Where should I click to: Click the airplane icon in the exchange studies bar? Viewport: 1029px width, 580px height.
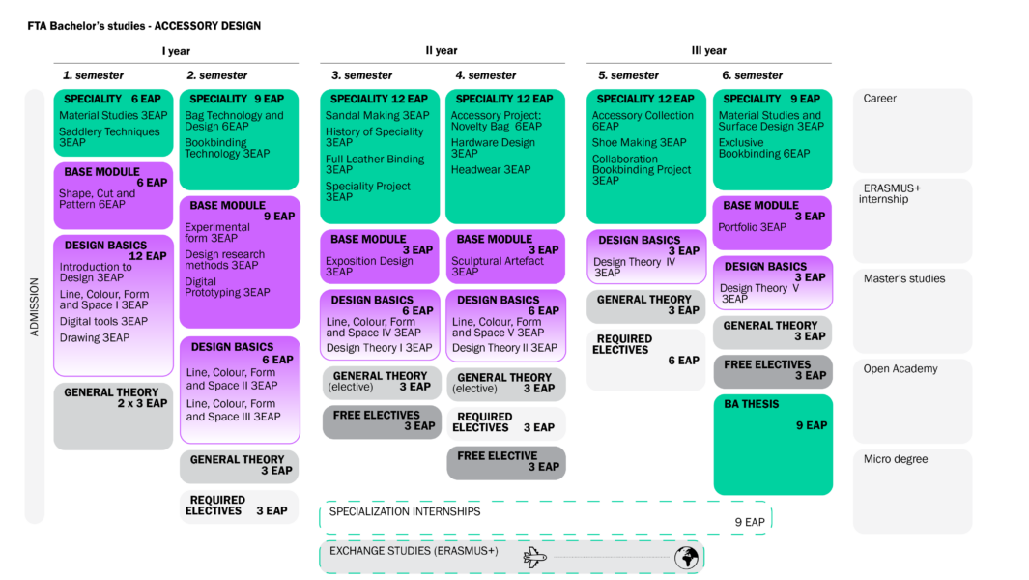(535, 557)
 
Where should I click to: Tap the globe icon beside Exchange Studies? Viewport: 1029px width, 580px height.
(686, 557)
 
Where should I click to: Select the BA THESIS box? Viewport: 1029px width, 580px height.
(773, 445)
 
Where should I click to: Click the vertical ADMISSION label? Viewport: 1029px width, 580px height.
(34, 306)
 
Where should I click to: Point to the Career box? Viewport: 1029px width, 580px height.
(912, 130)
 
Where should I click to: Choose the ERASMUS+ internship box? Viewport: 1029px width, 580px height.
(912, 220)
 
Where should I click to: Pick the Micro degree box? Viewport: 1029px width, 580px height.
(912, 491)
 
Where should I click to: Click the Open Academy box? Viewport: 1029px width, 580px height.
(912, 401)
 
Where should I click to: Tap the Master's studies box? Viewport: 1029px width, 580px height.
(912, 310)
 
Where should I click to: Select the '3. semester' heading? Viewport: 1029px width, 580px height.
(361, 75)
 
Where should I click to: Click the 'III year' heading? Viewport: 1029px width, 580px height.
(709, 50)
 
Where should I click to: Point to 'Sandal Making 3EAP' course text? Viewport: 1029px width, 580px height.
(378, 116)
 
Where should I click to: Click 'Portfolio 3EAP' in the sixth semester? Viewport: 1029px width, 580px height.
(752, 227)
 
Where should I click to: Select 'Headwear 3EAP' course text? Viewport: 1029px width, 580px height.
(491, 169)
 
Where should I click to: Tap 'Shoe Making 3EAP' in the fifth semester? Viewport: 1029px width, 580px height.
(640, 142)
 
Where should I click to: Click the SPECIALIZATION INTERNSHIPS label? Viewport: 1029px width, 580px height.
(405, 511)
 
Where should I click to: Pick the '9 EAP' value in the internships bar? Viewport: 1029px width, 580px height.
(750, 522)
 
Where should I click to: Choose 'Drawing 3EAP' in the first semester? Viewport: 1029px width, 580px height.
(95, 337)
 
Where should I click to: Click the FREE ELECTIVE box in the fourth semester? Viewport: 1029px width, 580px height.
(506, 463)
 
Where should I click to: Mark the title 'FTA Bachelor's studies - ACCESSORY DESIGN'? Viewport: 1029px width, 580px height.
(144, 26)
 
